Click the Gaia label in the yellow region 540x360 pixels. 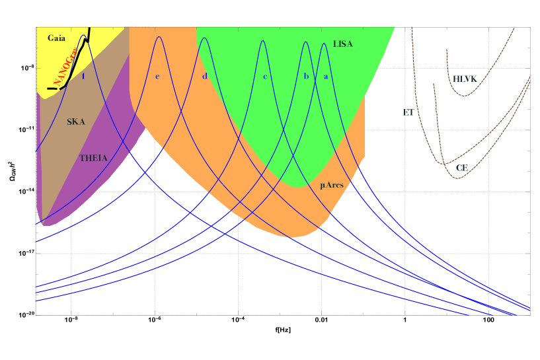click(57, 38)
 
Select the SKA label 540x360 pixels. click(76, 122)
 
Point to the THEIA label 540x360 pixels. click(93, 158)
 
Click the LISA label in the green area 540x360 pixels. click(343, 44)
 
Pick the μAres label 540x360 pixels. click(331, 185)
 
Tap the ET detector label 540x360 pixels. click(408, 113)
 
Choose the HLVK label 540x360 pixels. click(465, 79)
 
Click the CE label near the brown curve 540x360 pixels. click(461, 168)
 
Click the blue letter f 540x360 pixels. click(83, 77)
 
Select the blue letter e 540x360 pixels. click(157, 77)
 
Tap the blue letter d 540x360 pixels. click(205, 77)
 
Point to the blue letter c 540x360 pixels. click(265, 77)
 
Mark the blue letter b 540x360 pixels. click(306, 77)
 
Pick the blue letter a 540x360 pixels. click(325, 77)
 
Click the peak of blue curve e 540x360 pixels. click(159, 36)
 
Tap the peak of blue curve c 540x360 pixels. click(263, 40)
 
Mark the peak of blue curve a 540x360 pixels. click(324, 43)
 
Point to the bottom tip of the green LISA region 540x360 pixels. click(299, 187)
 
